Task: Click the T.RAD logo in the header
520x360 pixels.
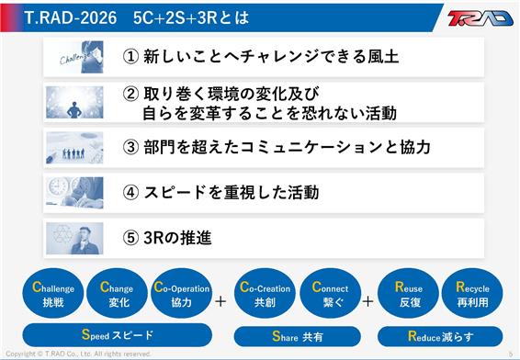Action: (x=480, y=17)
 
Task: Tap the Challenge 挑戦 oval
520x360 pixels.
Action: (x=53, y=293)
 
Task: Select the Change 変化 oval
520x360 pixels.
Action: (x=117, y=293)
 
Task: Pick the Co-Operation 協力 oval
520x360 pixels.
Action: (x=181, y=293)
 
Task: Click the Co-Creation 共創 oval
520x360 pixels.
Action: (x=265, y=293)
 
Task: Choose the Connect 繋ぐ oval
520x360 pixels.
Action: (x=331, y=293)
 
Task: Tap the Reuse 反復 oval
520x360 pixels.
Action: (x=408, y=293)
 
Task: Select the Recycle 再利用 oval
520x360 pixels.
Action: (x=472, y=293)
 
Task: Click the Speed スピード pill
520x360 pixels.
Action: (x=117, y=335)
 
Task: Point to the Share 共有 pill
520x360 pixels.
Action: (x=297, y=336)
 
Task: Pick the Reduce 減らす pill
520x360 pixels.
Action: (x=440, y=336)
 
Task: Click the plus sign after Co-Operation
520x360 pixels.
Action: (x=220, y=301)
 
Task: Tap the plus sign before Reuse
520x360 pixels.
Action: (x=367, y=301)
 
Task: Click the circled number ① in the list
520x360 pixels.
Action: (x=130, y=57)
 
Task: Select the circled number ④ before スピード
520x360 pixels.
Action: (x=130, y=193)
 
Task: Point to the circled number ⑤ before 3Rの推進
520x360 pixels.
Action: (x=130, y=238)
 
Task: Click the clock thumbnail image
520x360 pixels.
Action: (x=74, y=193)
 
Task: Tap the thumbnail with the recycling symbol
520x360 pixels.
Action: (x=74, y=239)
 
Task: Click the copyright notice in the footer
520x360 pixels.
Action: (x=78, y=354)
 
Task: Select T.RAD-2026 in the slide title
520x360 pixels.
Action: (x=71, y=17)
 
